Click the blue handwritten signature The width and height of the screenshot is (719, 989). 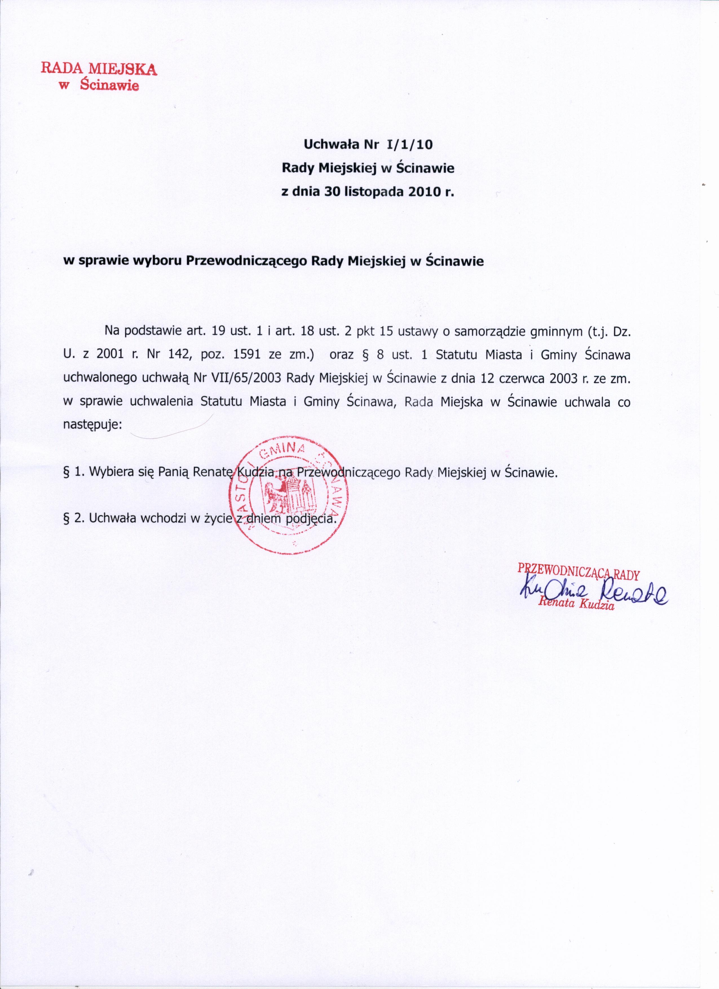593,592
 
